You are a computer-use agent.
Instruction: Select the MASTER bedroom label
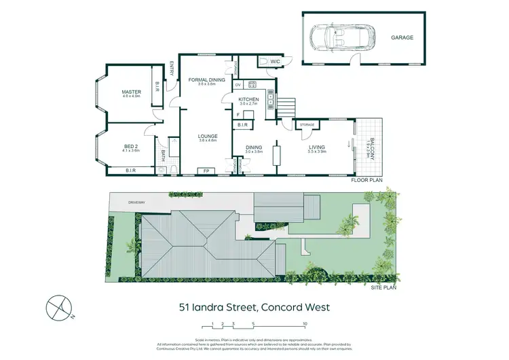(x=131, y=92)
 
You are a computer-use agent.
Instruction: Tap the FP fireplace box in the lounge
(x=206, y=170)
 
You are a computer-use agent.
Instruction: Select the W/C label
(x=275, y=62)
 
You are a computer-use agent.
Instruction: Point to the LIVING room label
(x=316, y=147)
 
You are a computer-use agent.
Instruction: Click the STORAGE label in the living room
(x=307, y=124)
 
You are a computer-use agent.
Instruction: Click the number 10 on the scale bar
(x=305, y=324)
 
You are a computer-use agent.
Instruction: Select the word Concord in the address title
(x=273, y=307)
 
